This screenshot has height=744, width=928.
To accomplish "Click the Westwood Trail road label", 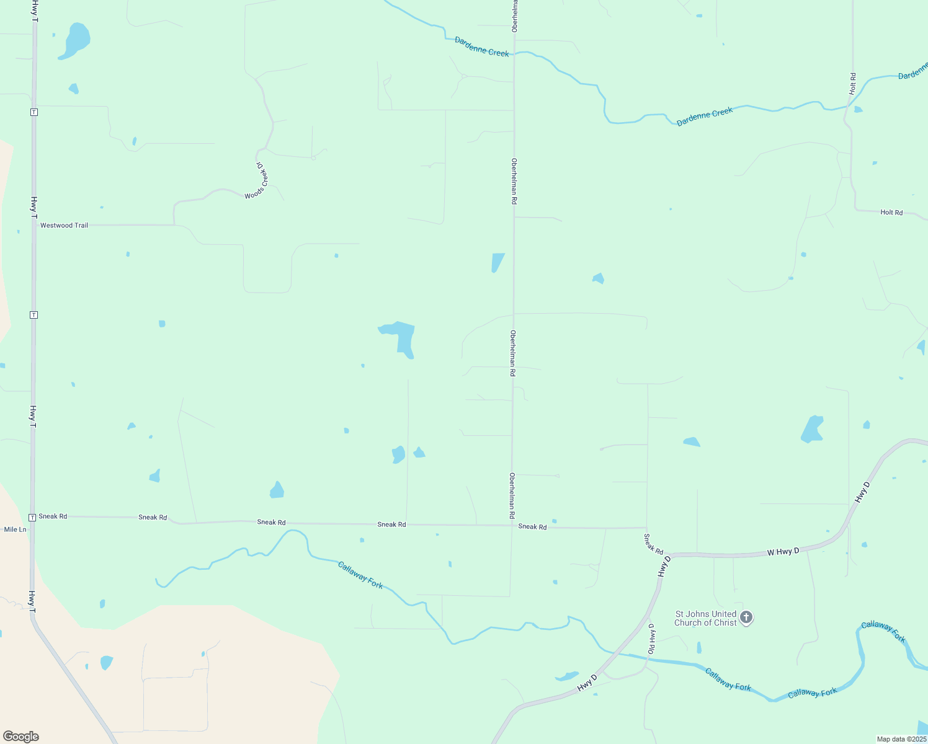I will click(64, 226).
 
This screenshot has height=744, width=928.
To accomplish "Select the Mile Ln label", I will click(15, 529).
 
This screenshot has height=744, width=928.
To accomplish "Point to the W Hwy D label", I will click(783, 552).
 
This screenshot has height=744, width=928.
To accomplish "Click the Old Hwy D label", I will click(651, 639).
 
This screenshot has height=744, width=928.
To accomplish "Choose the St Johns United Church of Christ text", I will click(705, 618).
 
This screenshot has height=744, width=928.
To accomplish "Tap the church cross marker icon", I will click(746, 617).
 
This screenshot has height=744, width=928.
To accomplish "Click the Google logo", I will click(21, 737).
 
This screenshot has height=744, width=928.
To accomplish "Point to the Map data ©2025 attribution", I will click(901, 739).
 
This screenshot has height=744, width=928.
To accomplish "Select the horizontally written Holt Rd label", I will click(891, 213).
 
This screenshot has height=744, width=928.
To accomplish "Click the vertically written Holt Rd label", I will click(853, 84).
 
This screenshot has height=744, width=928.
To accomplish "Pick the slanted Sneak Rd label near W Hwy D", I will click(653, 544).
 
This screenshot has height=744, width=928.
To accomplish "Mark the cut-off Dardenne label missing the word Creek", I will click(913, 71).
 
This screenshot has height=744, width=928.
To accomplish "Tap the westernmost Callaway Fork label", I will click(360, 575).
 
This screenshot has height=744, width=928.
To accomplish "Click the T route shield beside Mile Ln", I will click(32, 517).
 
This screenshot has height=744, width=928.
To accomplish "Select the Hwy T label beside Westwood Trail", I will click(33, 207).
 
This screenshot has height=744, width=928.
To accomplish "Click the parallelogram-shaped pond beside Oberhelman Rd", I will click(497, 262).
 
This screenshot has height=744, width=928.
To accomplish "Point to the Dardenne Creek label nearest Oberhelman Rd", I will click(481, 46).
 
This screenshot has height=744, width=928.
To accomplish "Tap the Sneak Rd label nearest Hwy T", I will click(53, 516).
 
